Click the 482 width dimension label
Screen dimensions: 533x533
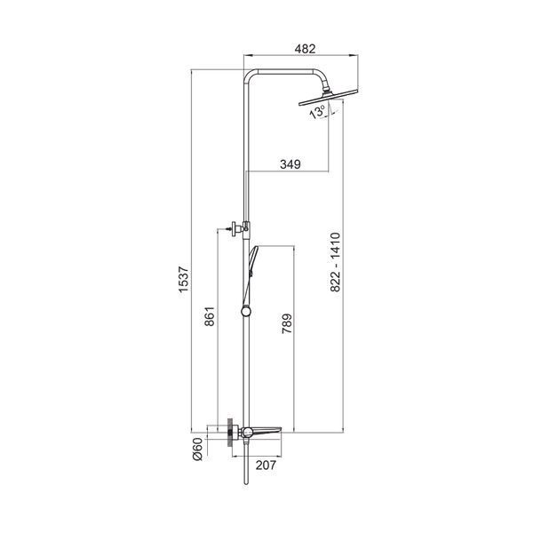pyautogui.click(x=305, y=49)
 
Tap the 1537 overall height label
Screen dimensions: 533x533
pyautogui.click(x=184, y=280)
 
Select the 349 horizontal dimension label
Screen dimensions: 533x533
pyautogui.click(x=290, y=164)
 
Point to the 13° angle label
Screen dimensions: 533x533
pyautogui.click(x=317, y=112)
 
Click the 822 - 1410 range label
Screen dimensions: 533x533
pyautogui.click(x=335, y=262)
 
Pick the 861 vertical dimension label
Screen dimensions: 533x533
pyautogui.click(x=210, y=316)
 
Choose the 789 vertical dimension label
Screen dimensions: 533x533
pyautogui.click(x=287, y=323)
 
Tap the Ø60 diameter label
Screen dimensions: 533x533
pyautogui.click(x=197, y=449)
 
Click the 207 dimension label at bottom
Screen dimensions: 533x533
pyautogui.click(x=266, y=465)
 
